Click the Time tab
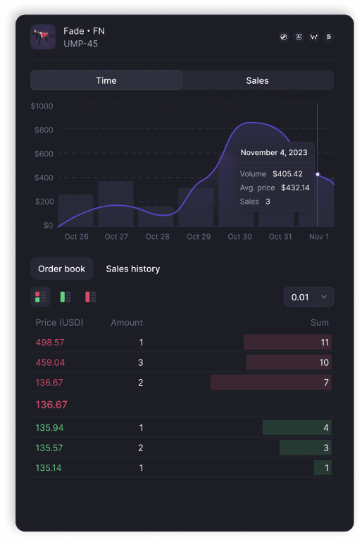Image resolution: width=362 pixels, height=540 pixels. coord(106,80)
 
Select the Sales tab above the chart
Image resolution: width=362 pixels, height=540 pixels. coord(257,80)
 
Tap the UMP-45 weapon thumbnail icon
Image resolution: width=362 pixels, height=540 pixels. coord(43,37)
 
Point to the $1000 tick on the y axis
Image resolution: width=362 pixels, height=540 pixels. coord(42,106)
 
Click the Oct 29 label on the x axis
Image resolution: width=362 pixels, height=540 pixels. coord(199,237)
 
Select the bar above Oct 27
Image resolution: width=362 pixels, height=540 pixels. coord(116,204)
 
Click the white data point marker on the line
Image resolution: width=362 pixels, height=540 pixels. coord(318,174)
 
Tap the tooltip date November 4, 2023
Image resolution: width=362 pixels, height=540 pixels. coord(274,152)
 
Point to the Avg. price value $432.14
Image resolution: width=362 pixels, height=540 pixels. coord(295,188)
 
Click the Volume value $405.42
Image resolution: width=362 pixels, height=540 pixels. coord(287,174)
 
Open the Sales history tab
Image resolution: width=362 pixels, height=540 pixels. coord(132,269)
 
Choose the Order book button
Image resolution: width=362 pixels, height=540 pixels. coord(61,269)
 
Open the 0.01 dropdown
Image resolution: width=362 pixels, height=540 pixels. coord(308,297)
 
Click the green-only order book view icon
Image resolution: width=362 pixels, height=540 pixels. coord(65,297)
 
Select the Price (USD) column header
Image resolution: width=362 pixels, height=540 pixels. coord(59,322)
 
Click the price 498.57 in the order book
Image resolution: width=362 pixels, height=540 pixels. coord(49,343)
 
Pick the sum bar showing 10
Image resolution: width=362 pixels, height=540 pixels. coord(288,362)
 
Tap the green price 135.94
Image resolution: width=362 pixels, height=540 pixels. coord(49,427)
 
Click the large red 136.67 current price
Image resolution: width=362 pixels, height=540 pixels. coord(51,405)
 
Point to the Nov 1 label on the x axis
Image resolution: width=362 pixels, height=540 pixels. coord(319,237)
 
